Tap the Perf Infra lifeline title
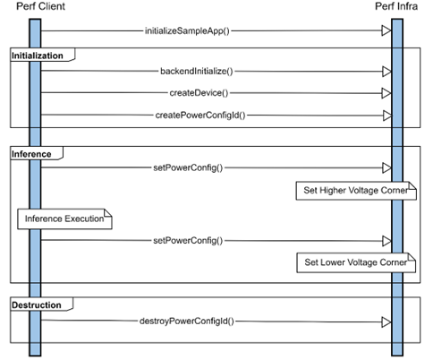point(396,7)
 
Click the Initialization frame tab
point(38,56)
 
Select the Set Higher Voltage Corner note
point(354,191)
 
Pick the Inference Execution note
point(64,219)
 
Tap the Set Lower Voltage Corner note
point(354,263)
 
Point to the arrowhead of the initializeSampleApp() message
point(386,30)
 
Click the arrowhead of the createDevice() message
point(386,92)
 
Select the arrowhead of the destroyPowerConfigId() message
point(386,320)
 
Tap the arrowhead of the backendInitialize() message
point(386,70)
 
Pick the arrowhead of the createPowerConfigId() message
point(386,115)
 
